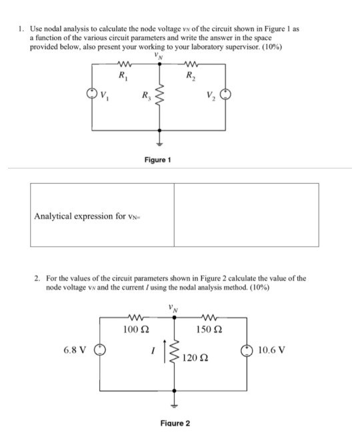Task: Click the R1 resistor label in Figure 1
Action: [x=122, y=75]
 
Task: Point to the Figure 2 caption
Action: [x=175, y=424]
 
